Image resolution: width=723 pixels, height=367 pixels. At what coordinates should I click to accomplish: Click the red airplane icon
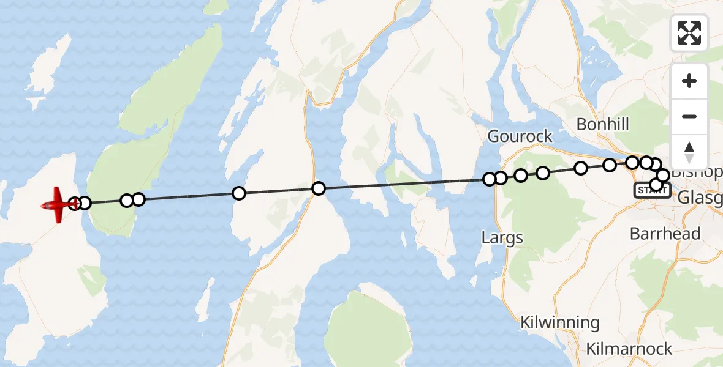tap(57, 204)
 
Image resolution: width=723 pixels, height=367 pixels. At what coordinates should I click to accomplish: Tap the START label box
tap(651, 191)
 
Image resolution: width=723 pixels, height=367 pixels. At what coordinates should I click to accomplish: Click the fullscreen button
tap(689, 33)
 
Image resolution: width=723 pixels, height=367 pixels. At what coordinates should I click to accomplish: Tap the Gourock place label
tap(520, 136)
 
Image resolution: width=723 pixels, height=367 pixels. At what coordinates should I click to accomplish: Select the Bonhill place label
tap(602, 125)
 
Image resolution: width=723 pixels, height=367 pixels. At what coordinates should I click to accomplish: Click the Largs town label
tap(502, 237)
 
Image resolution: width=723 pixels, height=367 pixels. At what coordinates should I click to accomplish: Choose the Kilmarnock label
tap(629, 349)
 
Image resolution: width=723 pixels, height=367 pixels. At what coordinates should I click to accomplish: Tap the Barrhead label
tap(665, 234)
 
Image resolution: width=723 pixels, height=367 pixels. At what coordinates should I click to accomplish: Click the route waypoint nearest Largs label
tap(490, 179)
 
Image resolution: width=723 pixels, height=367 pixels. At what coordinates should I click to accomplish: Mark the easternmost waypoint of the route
tap(662, 176)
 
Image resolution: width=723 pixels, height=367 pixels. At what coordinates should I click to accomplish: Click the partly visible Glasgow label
tap(700, 198)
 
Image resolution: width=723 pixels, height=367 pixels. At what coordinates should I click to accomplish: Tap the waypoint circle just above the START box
tap(656, 184)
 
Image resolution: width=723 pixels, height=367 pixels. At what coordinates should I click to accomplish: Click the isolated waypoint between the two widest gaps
tap(239, 193)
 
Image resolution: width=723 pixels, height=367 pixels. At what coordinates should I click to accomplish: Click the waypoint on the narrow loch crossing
tap(319, 188)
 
